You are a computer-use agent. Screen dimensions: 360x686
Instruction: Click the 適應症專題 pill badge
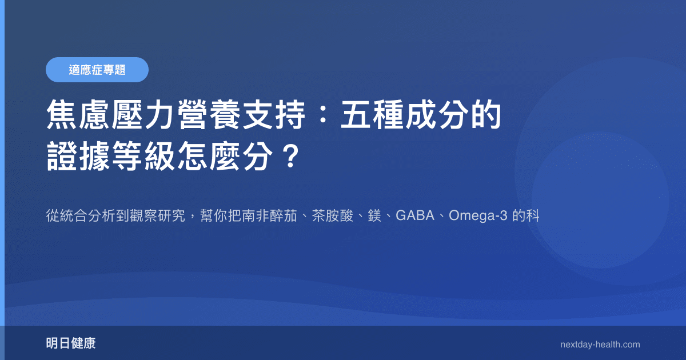pos(97,70)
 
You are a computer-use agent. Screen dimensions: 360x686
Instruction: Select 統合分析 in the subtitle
pos(85,217)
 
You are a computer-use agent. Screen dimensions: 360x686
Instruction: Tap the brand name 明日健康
pos(71,343)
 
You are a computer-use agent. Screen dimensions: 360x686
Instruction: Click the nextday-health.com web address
pos(600,344)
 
